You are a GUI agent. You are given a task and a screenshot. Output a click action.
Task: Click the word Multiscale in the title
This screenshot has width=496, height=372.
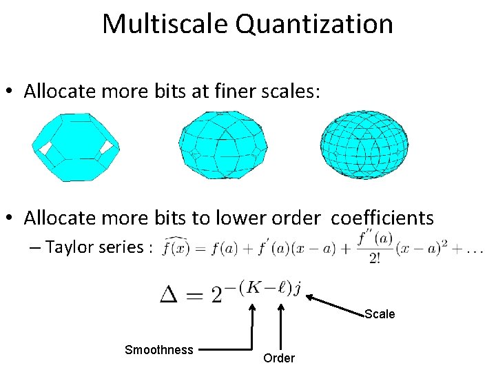point(165,24)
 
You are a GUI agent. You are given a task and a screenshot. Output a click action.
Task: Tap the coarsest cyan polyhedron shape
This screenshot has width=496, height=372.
point(76,146)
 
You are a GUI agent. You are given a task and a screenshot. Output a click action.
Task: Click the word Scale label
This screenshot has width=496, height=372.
point(380,314)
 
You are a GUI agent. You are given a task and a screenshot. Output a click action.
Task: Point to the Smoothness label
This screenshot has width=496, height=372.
point(159,350)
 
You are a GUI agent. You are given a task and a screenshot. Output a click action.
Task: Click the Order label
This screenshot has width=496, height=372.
point(279,358)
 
